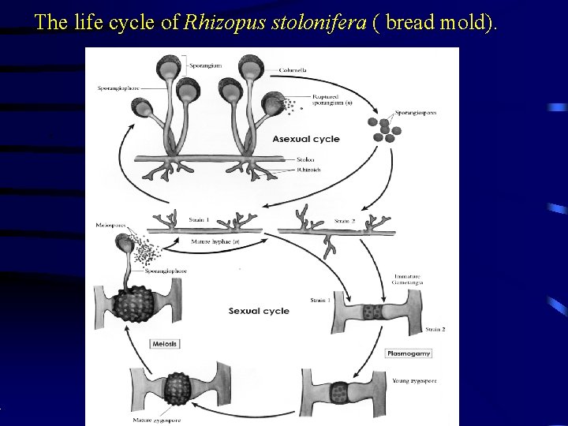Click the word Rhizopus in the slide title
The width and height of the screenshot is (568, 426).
click(215, 23)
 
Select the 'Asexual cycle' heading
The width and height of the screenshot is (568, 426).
click(306, 139)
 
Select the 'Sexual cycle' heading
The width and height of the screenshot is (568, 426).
click(259, 311)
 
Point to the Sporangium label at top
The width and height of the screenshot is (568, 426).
click(204, 65)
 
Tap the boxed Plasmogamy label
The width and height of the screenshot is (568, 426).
click(409, 353)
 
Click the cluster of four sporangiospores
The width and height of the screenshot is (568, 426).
click(384, 129)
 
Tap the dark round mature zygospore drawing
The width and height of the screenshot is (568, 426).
click(179, 387)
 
